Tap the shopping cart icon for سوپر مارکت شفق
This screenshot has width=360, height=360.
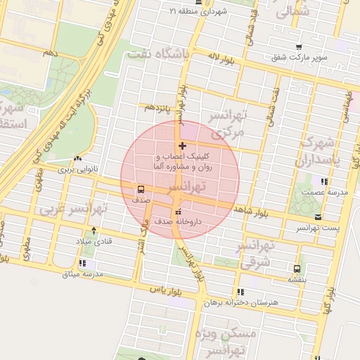pos(299,46)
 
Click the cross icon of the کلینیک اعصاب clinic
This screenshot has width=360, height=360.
pos(183,146)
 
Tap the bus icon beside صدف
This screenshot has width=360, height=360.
pos(141,189)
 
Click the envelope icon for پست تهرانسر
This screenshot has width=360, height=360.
pos(319,217)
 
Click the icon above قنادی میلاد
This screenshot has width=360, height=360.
pos(94,230)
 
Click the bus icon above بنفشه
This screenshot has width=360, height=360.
pos(297,268)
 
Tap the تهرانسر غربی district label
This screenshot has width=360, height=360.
pos(73,209)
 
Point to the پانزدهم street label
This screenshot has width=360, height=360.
pos(157,107)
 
